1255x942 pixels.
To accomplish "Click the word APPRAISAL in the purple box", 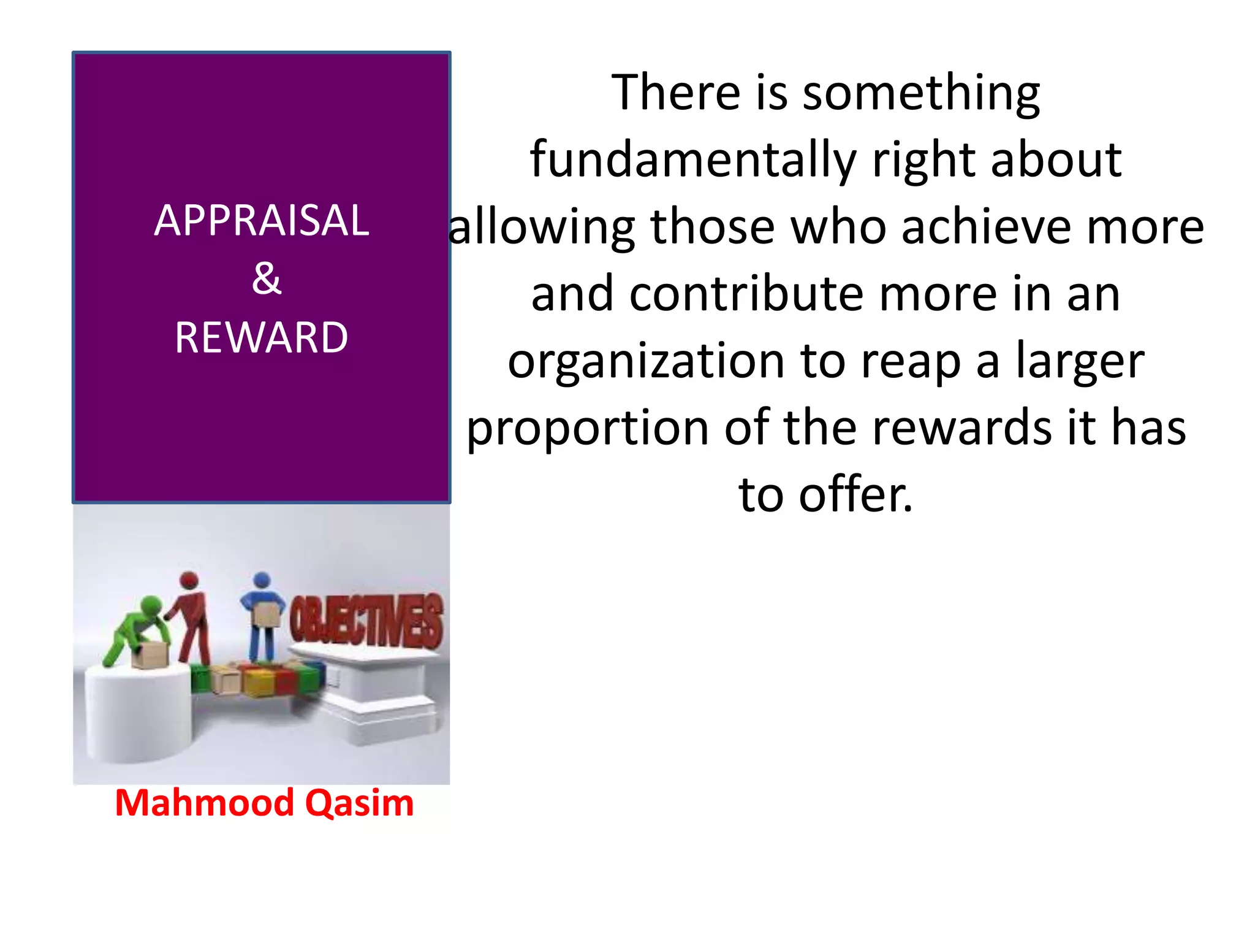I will tap(262, 220).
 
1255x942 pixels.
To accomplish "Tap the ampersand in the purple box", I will tap(267, 278).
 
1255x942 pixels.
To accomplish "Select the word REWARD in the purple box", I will tap(262, 337).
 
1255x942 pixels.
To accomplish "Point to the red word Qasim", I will tap(360, 803).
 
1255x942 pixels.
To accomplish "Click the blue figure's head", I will tap(262, 580).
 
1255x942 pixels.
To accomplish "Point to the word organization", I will tap(646, 361).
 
